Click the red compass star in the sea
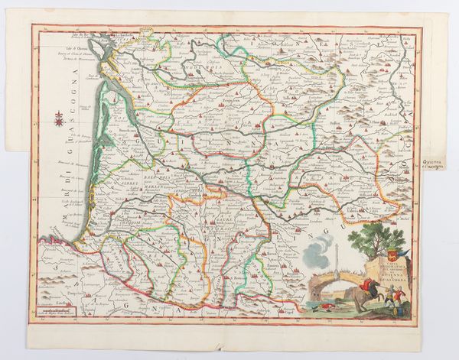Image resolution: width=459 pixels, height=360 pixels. coord(58,117)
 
